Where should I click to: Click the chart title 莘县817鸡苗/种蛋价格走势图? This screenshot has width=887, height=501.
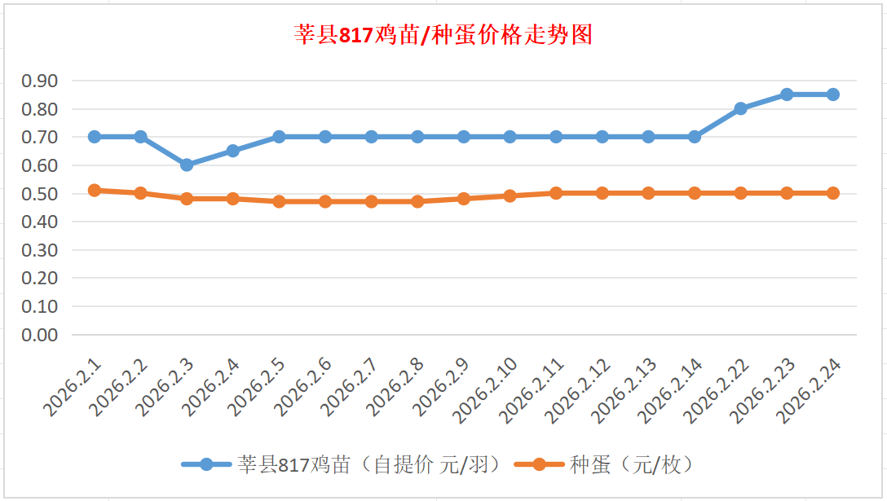443,35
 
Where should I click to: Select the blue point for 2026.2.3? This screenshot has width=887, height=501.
187,165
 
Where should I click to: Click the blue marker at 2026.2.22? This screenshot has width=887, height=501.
740,108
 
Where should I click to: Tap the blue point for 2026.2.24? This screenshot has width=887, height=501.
832,94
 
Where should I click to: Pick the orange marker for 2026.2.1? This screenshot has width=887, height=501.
95,190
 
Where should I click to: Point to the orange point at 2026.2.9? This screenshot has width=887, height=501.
464,198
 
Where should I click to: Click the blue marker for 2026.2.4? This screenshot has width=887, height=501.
233,151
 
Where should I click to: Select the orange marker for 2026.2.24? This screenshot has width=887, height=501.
832,193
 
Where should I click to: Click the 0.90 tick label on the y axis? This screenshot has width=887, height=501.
40,81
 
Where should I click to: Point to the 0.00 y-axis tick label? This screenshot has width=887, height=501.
40,335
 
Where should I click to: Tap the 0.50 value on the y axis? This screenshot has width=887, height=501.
40,194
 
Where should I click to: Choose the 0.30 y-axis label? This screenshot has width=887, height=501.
40,250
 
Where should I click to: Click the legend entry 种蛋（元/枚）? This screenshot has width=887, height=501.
632,465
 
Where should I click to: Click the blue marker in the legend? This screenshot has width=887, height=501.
206,465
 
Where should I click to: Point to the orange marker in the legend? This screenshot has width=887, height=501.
539,465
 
